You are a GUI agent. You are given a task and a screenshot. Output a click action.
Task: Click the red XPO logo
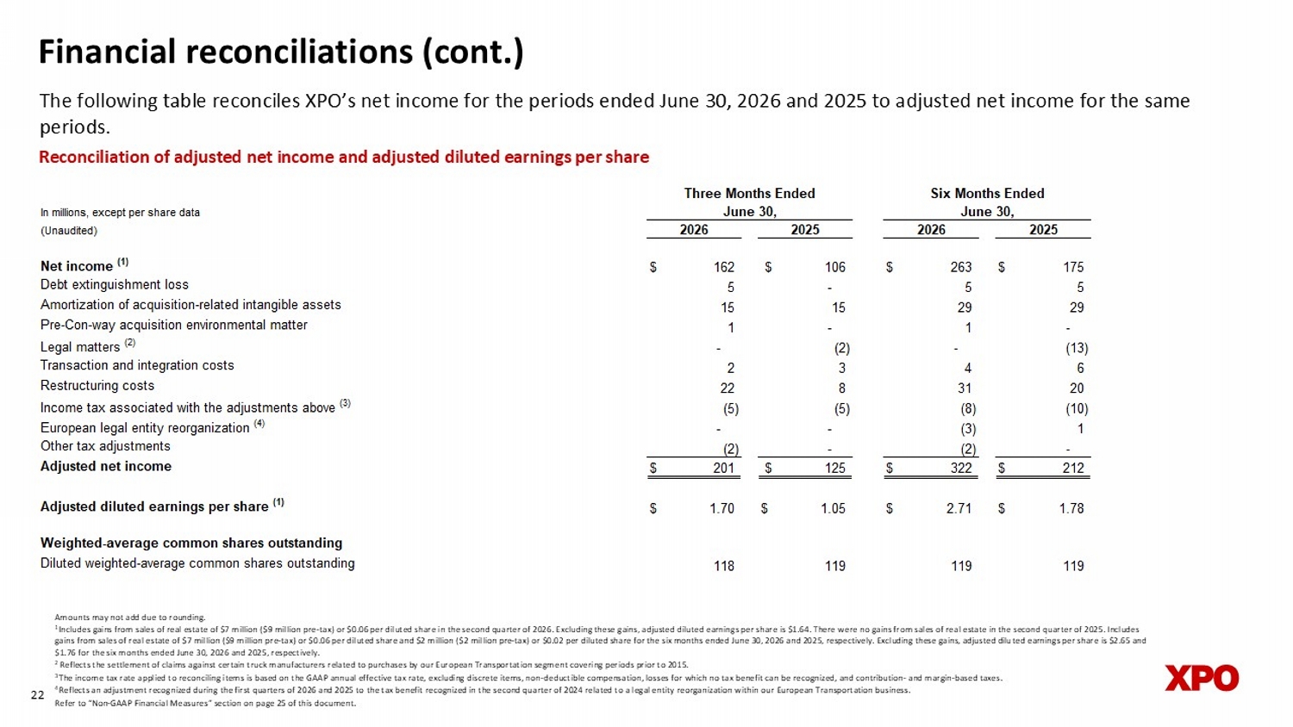pyautogui.click(x=1202, y=678)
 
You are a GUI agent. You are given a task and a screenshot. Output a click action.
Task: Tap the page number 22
pyautogui.click(x=38, y=694)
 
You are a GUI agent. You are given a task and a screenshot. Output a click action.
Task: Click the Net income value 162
pyautogui.click(x=724, y=267)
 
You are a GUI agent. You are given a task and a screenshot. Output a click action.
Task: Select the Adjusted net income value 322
pyautogui.click(x=961, y=468)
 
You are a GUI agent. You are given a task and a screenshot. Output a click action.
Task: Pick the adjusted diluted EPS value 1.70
pyautogui.click(x=721, y=508)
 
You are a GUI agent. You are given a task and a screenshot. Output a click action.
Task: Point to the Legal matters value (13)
pyautogui.click(x=1077, y=348)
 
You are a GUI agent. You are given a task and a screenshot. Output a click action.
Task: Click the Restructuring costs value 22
pyautogui.click(x=728, y=388)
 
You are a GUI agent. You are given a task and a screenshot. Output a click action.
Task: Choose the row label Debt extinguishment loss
pyautogui.click(x=115, y=284)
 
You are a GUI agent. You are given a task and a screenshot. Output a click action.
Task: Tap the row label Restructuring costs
pyautogui.click(x=97, y=385)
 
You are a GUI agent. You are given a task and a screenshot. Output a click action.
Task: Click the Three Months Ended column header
pyautogui.click(x=749, y=193)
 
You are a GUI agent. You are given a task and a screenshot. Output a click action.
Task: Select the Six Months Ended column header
pyautogui.click(x=987, y=193)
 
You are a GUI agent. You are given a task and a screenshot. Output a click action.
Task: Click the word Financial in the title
pyautogui.click(x=108, y=52)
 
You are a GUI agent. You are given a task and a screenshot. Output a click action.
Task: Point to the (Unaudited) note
pyautogui.click(x=69, y=231)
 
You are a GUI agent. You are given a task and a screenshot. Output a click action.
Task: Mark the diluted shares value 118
pyautogui.click(x=724, y=566)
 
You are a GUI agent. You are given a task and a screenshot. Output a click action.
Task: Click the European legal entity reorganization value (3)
pyautogui.click(x=967, y=429)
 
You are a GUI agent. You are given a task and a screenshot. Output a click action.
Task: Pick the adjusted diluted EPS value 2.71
pyautogui.click(x=959, y=508)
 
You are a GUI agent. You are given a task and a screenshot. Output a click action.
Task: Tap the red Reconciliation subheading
pyautogui.click(x=344, y=157)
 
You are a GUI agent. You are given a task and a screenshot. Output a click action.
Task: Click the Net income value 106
pyautogui.click(x=834, y=267)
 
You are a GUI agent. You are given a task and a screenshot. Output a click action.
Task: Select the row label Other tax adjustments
pyautogui.click(x=105, y=446)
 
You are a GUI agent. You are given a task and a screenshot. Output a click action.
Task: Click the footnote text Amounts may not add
pyautogui.click(x=97, y=618)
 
